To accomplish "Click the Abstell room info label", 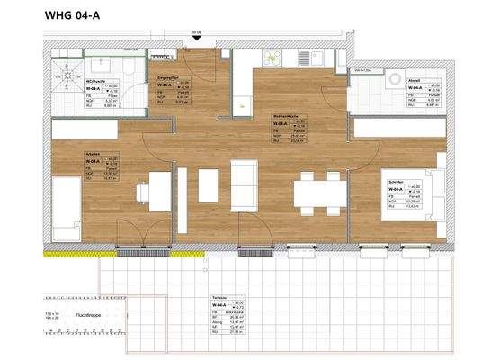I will [x=424, y=90].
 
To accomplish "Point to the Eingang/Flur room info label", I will [x=172, y=90].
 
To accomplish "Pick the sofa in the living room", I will [x=243, y=184].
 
